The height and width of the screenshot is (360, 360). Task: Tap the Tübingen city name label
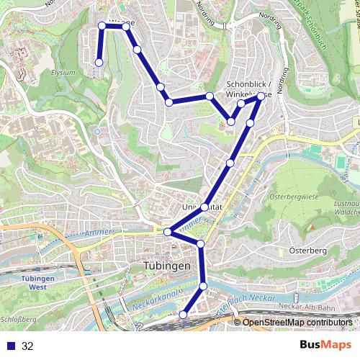click(163, 266)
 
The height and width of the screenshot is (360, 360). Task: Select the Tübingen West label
click(34, 282)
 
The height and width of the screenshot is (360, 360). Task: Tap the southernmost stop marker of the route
click(184, 315)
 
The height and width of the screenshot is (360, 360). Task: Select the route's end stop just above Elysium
click(99, 63)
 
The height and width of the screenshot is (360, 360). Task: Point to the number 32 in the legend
click(28, 346)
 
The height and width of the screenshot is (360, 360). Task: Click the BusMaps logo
click(321, 346)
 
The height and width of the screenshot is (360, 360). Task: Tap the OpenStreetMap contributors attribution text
click(297, 323)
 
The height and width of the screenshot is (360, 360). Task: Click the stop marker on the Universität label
click(204, 207)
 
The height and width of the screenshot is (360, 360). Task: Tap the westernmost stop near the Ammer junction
click(167, 232)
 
